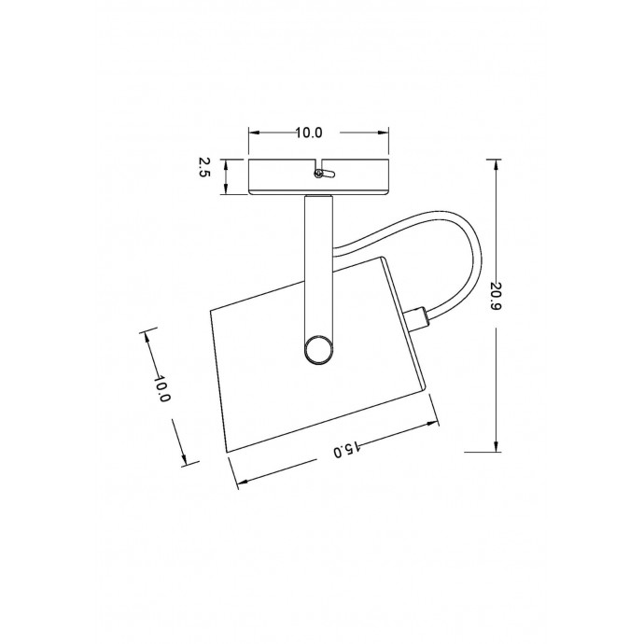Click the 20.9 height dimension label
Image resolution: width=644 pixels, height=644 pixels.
click(496, 296)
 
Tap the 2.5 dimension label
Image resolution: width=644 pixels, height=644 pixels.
click(204, 167)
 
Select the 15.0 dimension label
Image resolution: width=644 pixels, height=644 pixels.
click(347, 450)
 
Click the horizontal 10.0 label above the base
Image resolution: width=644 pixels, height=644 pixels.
click(309, 133)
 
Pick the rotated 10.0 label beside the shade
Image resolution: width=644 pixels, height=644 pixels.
click(161, 388)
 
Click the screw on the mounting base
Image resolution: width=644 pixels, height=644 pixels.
click(317, 174)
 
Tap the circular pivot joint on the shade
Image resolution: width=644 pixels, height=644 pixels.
click(318, 349)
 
